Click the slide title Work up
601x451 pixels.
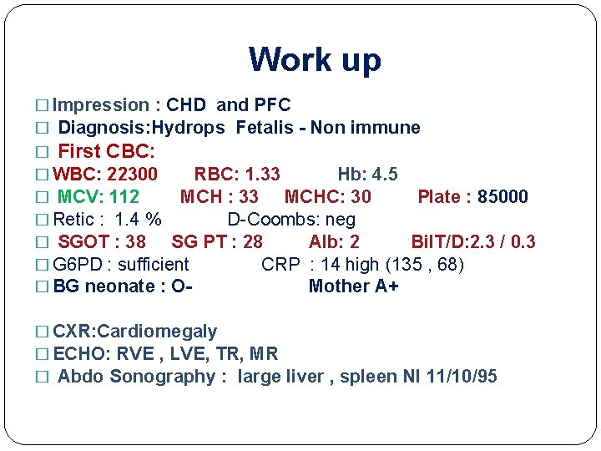[x=315, y=59]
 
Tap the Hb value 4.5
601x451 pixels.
[x=384, y=175]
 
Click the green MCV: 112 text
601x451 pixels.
[x=98, y=197]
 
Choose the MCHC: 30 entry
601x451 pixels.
[x=327, y=197]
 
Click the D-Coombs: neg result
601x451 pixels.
[x=291, y=220]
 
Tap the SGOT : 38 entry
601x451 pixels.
[x=102, y=242]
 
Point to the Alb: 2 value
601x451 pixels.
[x=334, y=242]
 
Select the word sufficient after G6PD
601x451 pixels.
[x=154, y=265]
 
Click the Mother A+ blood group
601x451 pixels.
[x=353, y=286]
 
